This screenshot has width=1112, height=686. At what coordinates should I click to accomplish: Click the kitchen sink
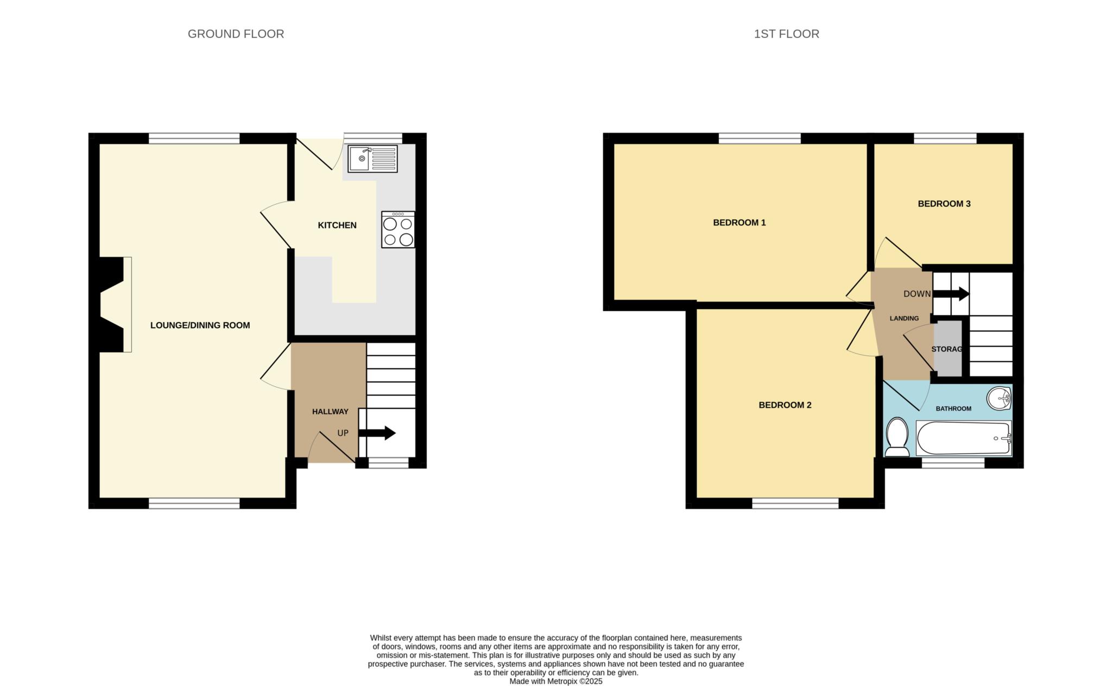[372, 159]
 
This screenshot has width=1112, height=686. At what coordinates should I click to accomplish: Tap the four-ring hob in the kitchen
[398, 230]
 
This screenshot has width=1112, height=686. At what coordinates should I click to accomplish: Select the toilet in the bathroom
[897, 437]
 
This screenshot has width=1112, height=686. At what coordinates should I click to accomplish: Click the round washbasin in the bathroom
[999, 398]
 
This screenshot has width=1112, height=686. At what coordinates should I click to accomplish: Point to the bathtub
[964, 438]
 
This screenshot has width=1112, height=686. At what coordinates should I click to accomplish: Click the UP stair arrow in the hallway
[377, 433]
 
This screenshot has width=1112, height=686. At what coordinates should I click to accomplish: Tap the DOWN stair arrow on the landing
[951, 294]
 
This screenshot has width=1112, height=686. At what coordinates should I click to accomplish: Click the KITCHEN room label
[337, 225]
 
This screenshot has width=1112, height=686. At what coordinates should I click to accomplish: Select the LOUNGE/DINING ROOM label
[200, 325]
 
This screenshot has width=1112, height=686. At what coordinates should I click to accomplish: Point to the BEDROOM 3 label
[944, 204]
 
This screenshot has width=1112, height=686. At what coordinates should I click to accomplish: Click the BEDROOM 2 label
[785, 405]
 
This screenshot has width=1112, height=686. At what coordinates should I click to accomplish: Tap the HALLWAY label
[330, 412]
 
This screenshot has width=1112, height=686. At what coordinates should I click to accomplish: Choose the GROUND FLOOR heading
[236, 34]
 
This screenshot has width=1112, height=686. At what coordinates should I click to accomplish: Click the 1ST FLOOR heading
[787, 34]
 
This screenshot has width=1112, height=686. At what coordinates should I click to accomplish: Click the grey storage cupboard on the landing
[947, 349]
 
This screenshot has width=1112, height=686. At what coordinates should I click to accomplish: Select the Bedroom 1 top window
[760, 139]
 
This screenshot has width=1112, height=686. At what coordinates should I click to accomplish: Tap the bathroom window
[953, 463]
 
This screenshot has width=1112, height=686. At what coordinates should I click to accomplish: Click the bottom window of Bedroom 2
[795, 504]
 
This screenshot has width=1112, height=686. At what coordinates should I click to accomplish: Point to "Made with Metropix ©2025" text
[556, 681]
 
